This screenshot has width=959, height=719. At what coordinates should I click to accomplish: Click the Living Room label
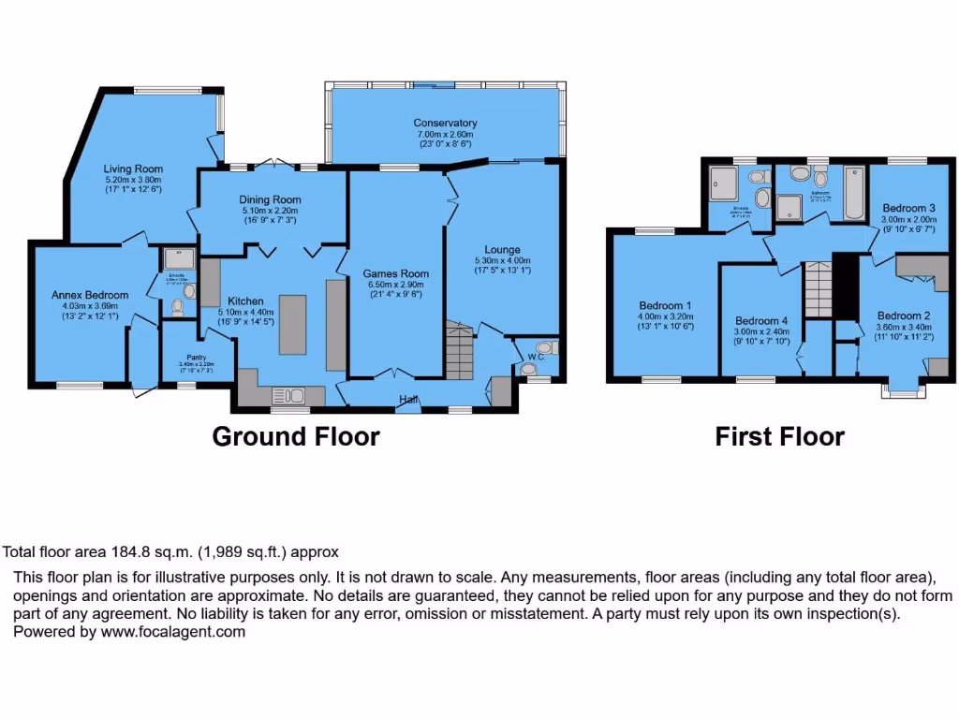133,169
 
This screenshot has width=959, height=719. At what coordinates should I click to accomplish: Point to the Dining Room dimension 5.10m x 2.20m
269,211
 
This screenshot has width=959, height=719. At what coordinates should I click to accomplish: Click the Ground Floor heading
296,436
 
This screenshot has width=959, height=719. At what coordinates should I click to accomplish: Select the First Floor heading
779,436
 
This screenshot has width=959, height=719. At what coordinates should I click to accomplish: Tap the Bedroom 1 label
665,305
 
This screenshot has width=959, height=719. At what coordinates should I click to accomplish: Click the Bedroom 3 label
909,208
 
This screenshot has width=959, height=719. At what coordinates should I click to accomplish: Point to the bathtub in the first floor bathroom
855,184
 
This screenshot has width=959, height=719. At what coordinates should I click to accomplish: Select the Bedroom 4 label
761,320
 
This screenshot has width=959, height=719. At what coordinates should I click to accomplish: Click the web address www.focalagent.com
173,632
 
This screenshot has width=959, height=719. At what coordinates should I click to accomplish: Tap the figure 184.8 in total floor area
117,552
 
